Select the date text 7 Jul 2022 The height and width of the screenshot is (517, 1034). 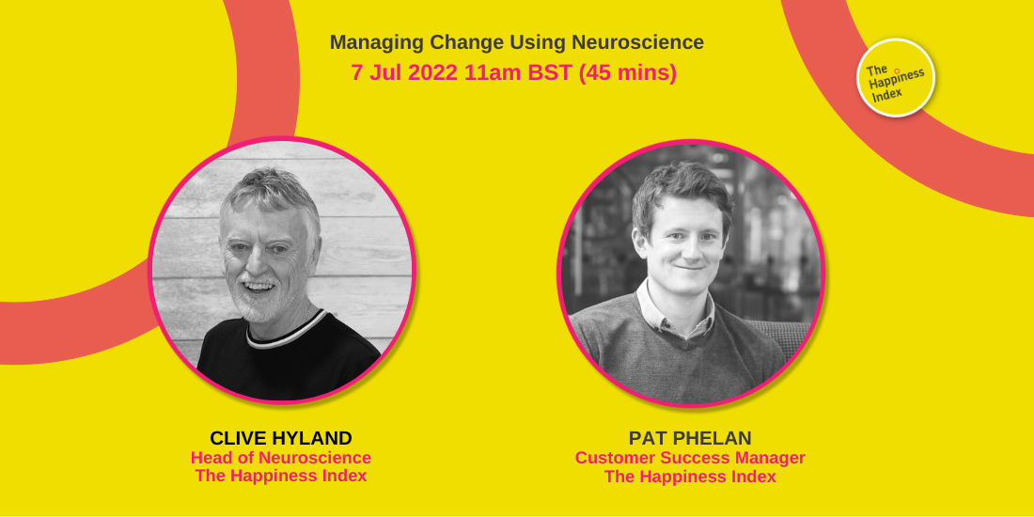coord(404,72)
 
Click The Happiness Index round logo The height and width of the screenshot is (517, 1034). coord(896,78)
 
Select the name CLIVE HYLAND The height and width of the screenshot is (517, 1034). coord(280,438)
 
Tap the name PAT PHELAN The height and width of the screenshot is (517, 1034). coord(690,438)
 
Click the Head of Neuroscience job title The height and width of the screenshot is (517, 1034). coord(280,458)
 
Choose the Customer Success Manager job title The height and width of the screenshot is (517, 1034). coord(690,458)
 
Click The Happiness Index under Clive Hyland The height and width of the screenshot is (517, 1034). coord(280,476)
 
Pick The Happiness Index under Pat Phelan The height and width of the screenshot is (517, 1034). coord(690,477)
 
